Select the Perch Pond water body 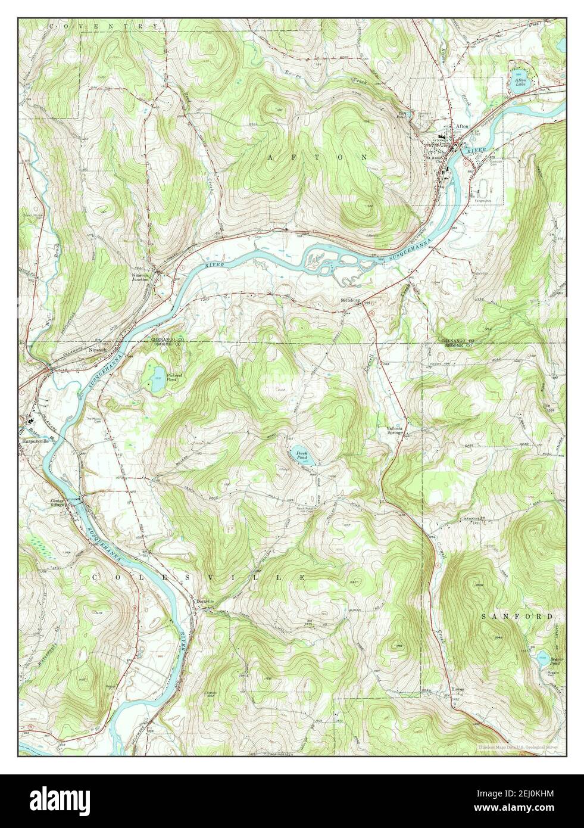(301, 456)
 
